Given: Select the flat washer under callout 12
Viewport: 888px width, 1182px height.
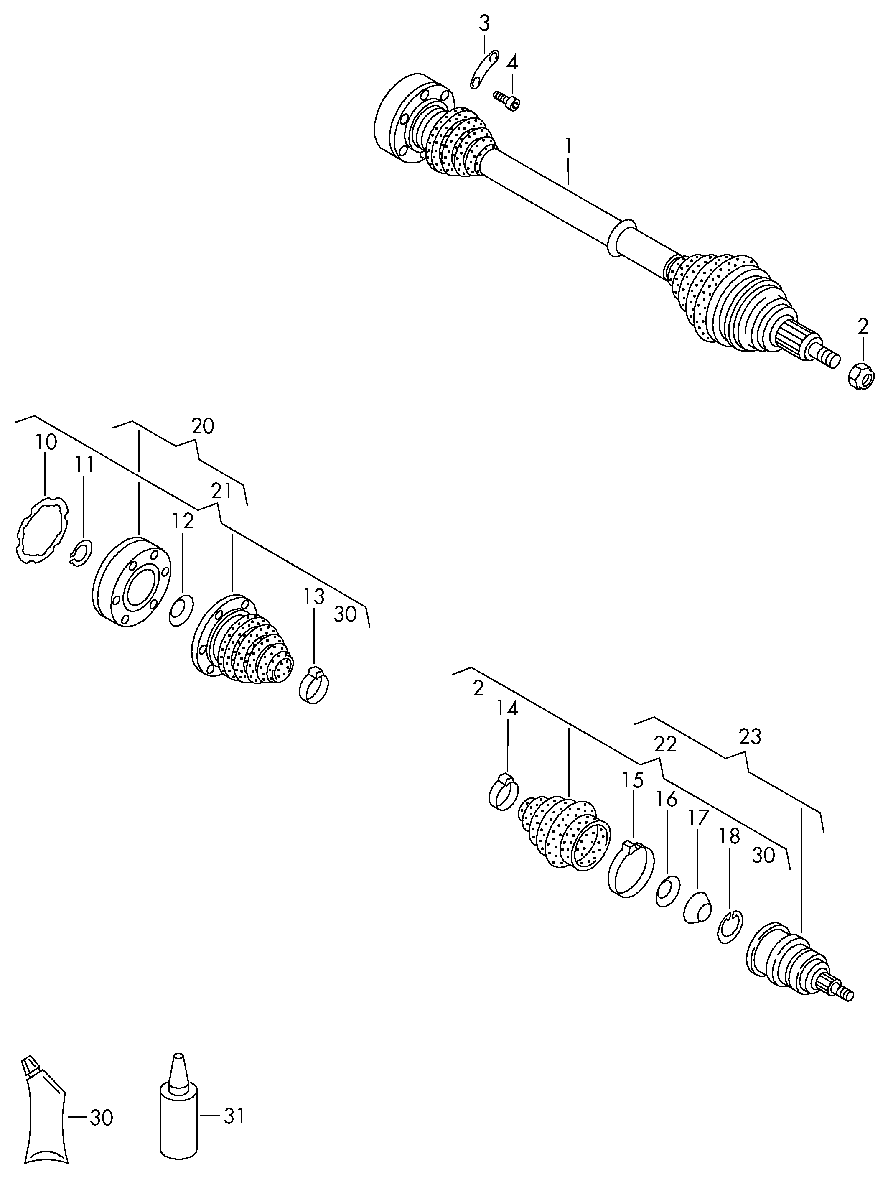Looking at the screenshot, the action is (181, 609).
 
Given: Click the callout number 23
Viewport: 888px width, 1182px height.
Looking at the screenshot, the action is (750, 737).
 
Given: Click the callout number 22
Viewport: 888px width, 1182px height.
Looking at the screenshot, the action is (665, 744).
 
